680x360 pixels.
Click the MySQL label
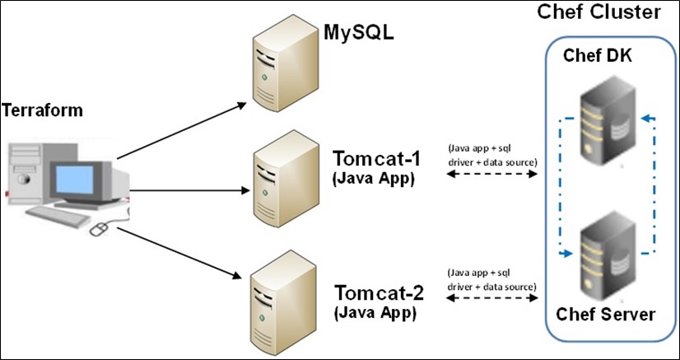tap(359, 34)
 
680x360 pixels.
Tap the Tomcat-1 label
tap(372, 158)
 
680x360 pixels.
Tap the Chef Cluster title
tap(598, 12)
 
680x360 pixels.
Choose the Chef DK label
tap(596, 55)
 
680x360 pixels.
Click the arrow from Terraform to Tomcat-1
tap(189, 189)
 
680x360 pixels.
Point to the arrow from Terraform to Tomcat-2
tap(185, 251)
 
